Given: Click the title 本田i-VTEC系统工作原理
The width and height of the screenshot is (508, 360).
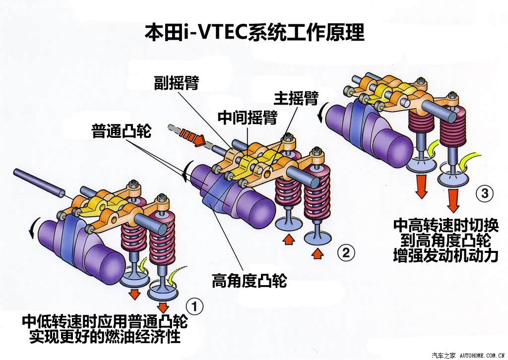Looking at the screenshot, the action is pyautogui.click(x=254, y=32).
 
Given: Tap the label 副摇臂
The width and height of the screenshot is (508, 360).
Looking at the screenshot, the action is pyautogui.click(x=176, y=82).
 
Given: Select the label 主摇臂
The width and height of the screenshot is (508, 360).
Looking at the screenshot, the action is pyautogui.click(x=296, y=98).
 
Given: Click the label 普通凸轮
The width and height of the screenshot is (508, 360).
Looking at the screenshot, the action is pyautogui.click(x=122, y=131).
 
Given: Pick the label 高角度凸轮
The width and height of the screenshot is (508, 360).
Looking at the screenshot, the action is pyautogui.click(x=249, y=280).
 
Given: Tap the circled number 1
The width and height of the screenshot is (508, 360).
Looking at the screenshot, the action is pyautogui.click(x=194, y=306).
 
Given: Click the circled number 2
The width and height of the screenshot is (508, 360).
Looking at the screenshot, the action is pyautogui.click(x=346, y=252).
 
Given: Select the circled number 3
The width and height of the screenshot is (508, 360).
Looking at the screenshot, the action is pyautogui.click(x=484, y=193).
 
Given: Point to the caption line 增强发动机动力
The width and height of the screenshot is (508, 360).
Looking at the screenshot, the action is pyautogui.click(x=446, y=255).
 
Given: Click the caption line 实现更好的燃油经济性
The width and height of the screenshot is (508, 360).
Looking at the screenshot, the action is pyautogui.click(x=105, y=336).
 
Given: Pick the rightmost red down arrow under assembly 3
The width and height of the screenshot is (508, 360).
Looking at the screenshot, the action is pyautogui.click(x=453, y=200).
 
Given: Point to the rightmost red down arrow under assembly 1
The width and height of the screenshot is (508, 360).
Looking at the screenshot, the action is pyautogui.click(x=163, y=306).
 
